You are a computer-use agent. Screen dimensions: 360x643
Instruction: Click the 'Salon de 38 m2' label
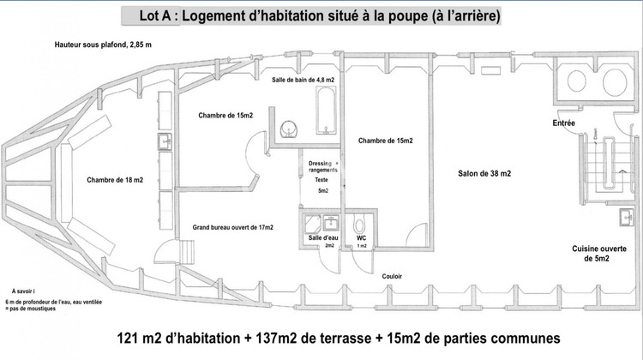pyautogui.click(x=484, y=174)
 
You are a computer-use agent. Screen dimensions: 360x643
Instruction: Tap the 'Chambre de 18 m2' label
pyautogui.click(x=115, y=181)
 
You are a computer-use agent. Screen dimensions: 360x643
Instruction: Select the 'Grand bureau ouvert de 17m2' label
pyautogui.click(x=233, y=227)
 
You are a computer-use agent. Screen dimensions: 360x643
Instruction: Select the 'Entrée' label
pyautogui.click(x=563, y=123)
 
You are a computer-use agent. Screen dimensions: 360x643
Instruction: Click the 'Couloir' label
pyautogui.click(x=392, y=276)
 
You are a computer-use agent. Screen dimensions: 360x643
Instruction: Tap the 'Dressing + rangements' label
pyautogui.click(x=323, y=166)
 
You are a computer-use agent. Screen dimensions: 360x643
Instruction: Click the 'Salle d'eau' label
pyautogui.click(x=322, y=237)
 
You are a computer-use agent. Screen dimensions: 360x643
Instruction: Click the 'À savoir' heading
pyautogui.click(x=25, y=291)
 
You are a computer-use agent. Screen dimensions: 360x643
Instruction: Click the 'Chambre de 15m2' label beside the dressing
pyautogui.click(x=386, y=141)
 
